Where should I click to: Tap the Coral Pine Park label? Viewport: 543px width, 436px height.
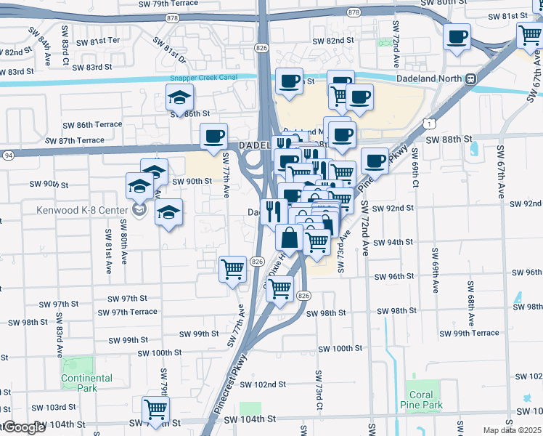coord(421,400)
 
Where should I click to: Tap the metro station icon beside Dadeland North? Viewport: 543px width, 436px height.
coord(470,78)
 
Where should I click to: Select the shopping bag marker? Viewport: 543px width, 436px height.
coord(289,237)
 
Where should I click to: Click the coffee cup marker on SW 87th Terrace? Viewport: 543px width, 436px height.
coord(214,136)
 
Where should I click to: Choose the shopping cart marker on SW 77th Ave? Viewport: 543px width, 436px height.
coord(233,269)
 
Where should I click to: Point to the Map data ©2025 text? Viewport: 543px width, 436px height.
coord(513,430)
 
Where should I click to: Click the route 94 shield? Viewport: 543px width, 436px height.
coord(8,155)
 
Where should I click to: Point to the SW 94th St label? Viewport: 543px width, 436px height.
coord(394,242)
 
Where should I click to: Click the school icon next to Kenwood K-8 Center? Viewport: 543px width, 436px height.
coord(140,211)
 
